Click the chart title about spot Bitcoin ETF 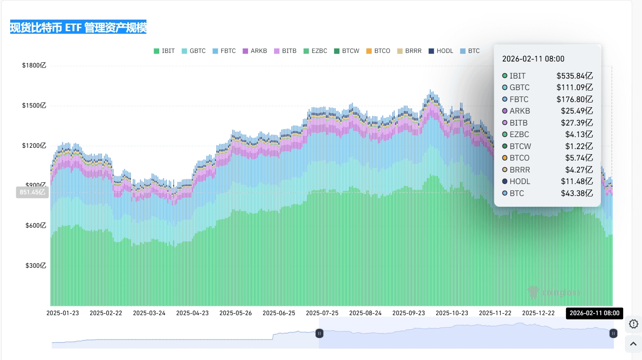(x=78, y=27)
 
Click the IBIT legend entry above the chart (x=164, y=51)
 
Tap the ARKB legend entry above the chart (x=255, y=51)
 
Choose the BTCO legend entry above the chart (x=378, y=51)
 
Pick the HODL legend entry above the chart (x=441, y=51)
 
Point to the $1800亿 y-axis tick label (x=34, y=65)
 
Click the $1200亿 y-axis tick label (x=34, y=146)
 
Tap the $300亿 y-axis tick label (x=35, y=266)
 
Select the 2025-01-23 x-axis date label (x=63, y=313)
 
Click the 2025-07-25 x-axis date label (x=322, y=313)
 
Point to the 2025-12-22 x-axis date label (x=538, y=313)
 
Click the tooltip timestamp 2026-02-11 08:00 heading (x=533, y=59)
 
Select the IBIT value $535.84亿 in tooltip (x=575, y=76)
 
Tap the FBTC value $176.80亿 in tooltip (x=575, y=100)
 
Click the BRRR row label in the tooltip (x=519, y=170)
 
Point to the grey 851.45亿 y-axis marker (x=32, y=192)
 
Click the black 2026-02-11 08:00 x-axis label (x=594, y=313)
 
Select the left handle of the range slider (x=319, y=334)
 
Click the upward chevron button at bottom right (x=633, y=344)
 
